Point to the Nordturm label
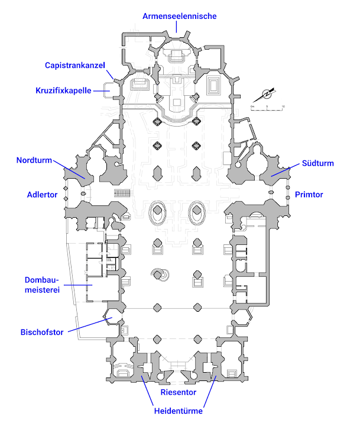pos(34,160)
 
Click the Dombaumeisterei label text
pos(43,285)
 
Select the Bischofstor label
pos(41,331)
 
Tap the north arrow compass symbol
pos(267,93)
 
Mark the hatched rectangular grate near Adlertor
pos(121,193)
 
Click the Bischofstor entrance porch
pos(112,320)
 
